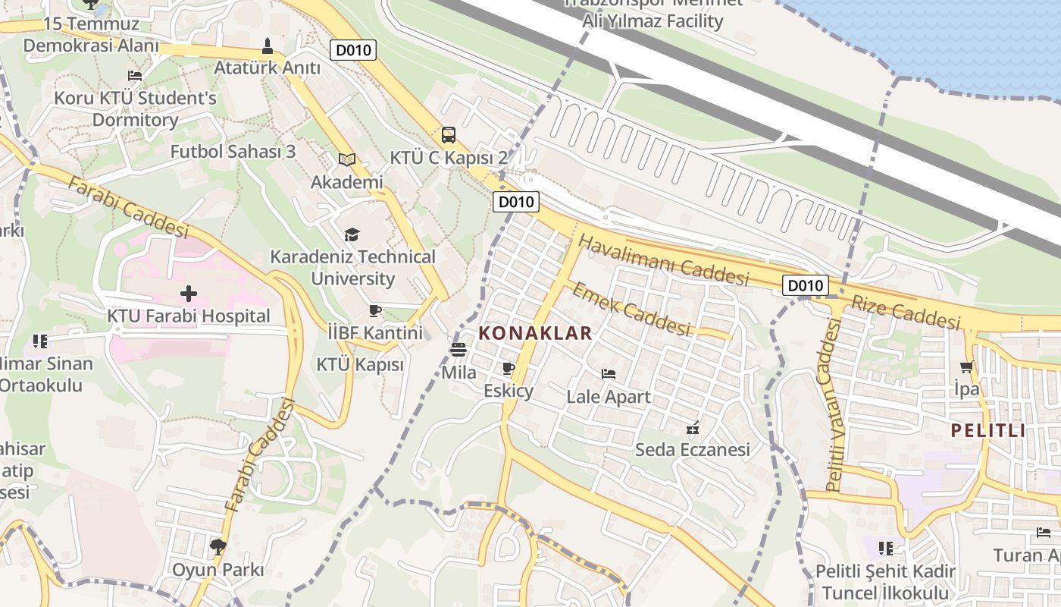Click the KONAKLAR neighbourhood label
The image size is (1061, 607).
[x=535, y=333]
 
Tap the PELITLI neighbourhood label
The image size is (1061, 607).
[x=988, y=431]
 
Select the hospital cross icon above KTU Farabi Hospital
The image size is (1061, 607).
[x=189, y=293]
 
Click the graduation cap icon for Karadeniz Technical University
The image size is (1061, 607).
[x=352, y=234]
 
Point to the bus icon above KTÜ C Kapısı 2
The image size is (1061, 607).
[x=449, y=135]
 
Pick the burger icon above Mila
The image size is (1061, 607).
[x=459, y=350]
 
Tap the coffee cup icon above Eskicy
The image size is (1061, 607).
[x=509, y=369]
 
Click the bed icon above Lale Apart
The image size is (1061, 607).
[x=608, y=373]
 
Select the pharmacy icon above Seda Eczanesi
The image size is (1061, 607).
[x=692, y=428]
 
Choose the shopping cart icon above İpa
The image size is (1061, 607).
[x=966, y=367]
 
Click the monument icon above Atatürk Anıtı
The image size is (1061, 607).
[x=267, y=46]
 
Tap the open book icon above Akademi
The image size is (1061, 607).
[x=347, y=159]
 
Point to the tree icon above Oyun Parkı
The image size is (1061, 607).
[x=218, y=546]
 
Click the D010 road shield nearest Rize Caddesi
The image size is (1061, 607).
[x=805, y=285]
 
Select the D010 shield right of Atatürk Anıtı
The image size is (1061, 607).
[x=354, y=50]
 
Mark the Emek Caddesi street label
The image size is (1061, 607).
[x=631, y=309]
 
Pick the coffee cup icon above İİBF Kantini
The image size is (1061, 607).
[x=374, y=310]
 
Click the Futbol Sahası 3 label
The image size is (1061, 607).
[x=233, y=151]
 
